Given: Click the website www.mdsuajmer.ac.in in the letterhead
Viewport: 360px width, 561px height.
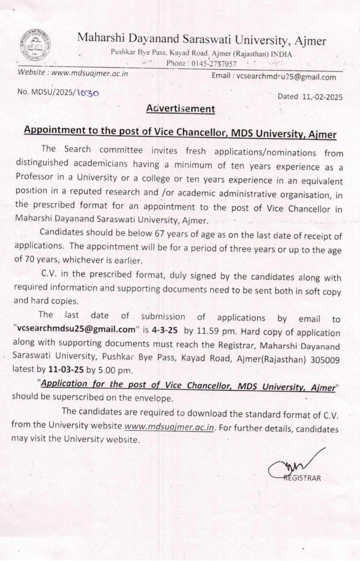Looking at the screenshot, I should [x=89, y=73].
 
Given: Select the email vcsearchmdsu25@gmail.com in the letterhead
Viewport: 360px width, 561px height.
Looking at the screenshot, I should [x=286, y=77].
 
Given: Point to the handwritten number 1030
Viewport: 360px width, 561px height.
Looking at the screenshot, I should [x=87, y=93].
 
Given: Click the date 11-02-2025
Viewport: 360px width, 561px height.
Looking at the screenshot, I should [x=322, y=97].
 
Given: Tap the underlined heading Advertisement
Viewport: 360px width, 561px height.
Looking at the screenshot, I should [x=181, y=109].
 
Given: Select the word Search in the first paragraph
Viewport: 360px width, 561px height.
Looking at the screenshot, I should [x=77, y=149].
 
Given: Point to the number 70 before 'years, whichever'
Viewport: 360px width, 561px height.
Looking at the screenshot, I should [x=29, y=259].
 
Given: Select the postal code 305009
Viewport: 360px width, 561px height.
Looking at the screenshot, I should [x=325, y=360].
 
